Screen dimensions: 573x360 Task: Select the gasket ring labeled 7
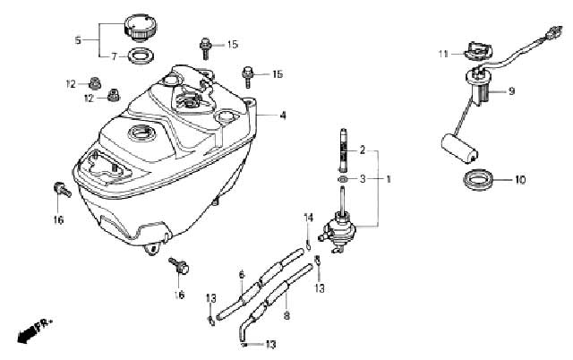tap(141, 56)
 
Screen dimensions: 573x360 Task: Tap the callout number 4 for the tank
tap(282, 116)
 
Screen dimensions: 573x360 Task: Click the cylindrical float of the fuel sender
tap(459, 148)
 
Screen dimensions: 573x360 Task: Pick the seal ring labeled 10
tap(480, 179)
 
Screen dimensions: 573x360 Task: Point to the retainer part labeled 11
tap(478, 50)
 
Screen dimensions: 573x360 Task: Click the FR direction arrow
tap(34, 330)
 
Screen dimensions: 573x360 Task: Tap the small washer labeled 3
tap(343, 179)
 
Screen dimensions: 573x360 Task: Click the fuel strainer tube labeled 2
tap(344, 150)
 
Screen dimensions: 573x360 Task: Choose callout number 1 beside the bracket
tap(389, 179)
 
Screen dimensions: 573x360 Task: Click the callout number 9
tap(511, 90)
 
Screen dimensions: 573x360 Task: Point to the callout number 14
tap(309, 219)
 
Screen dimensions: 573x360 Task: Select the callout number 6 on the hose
tap(242, 275)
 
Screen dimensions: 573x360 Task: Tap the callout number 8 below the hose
tap(286, 315)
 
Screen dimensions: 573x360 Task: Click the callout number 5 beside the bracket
tap(78, 39)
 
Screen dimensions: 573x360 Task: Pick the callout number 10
tap(520, 180)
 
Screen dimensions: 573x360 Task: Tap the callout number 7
tap(115, 57)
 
